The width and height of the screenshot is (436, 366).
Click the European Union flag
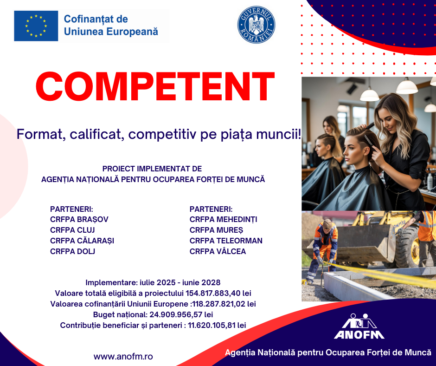[x=36, y=26]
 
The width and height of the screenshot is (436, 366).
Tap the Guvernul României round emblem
[x=256, y=25]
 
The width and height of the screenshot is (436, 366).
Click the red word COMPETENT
[x=155, y=86]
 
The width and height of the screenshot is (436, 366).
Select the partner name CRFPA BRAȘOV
[x=79, y=220]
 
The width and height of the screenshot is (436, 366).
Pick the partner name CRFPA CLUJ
[x=72, y=230]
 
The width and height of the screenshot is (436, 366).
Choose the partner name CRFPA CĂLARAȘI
[x=82, y=241]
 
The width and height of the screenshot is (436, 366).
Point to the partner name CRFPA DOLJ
[x=72, y=252]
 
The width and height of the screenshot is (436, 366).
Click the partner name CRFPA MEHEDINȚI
[x=223, y=220]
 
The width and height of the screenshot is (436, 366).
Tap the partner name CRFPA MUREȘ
[x=216, y=230]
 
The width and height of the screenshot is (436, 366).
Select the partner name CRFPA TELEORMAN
[x=226, y=241]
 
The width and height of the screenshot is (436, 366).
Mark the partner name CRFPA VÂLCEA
[x=218, y=252]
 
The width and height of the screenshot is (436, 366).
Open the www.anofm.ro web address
[x=123, y=357]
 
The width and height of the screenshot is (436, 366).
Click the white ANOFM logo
[x=359, y=327]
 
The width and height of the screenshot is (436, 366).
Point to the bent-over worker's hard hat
[x=327, y=223]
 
